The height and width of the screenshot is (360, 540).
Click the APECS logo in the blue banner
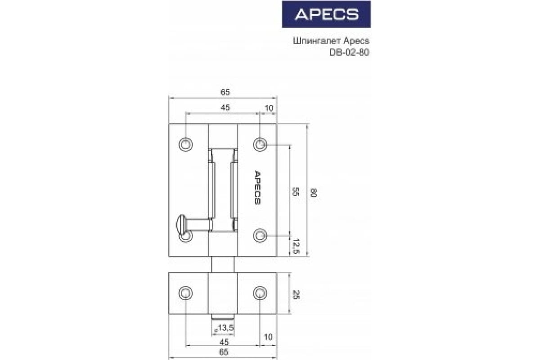tap(326, 14)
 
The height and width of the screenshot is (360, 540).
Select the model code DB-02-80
tap(349, 53)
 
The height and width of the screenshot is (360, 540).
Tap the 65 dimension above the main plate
tap(225, 92)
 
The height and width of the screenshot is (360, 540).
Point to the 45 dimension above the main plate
tap(225, 108)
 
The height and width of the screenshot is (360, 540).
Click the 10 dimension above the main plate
tap(269, 108)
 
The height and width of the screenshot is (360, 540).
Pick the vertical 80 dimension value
tap(313, 193)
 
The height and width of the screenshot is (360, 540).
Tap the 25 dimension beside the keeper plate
tap(296, 294)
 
